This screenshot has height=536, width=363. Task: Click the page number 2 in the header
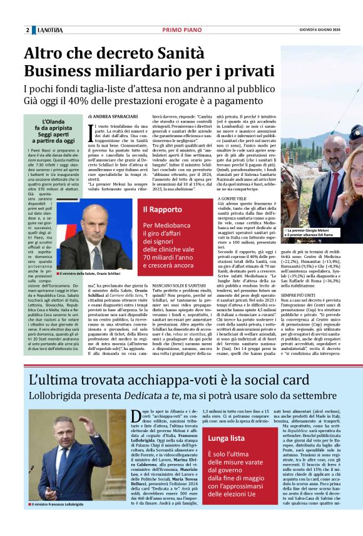click(x=28, y=30)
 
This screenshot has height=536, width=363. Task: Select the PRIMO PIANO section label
click(x=181, y=30)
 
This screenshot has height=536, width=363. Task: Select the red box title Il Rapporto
click(x=162, y=210)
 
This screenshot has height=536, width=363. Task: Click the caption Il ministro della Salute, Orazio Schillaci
click(x=90, y=274)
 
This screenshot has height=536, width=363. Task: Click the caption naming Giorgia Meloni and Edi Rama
click(x=309, y=233)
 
